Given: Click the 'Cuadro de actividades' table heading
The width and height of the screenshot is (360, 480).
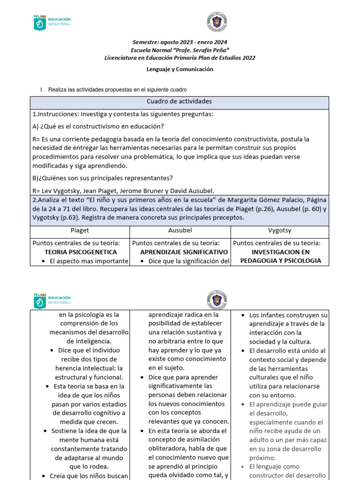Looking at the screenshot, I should pyautogui.click(x=179, y=102).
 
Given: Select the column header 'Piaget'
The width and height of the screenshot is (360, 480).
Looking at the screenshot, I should pyautogui.click(x=79, y=231).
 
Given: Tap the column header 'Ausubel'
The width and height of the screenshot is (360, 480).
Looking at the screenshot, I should pyautogui.click(x=180, y=231).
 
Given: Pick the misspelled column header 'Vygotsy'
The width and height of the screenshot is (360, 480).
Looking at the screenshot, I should pyautogui.click(x=280, y=231).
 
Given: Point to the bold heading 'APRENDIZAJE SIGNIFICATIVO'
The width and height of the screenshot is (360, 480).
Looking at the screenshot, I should pyautogui.click(x=180, y=252).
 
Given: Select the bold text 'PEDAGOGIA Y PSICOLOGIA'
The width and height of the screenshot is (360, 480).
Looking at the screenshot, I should pyautogui.click(x=280, y=261).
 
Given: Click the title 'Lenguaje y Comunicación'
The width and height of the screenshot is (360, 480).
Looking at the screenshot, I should pyautogui.click(x=180, y=69).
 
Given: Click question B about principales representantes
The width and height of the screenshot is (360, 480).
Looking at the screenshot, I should pyautogui.click(x=102, y=178).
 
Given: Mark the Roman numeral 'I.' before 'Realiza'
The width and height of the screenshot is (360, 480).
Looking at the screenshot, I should pyautogui.click(x=43, y=90).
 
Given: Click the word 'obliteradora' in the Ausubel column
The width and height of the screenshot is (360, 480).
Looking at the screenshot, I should pyautogui.click(x=168, y=448).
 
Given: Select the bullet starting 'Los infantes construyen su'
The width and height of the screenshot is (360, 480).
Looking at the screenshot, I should pyautogui.click(x=288, y=315).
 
